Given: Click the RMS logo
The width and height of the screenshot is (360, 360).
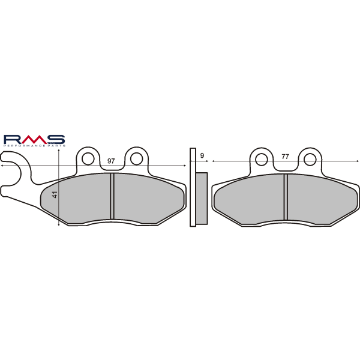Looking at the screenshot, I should pyautogui.click(x=34, y=139).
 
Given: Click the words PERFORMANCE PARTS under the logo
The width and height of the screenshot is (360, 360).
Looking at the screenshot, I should pyautogui.click(x=34, y=145).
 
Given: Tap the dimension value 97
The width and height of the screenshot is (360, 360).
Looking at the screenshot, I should pyautogui.click(x=111, y=161).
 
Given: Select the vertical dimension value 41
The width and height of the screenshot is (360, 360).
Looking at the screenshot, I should pyautogui.click(x=54, y=195).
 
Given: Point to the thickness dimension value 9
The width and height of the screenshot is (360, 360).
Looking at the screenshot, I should pyautogui.click(x=202, y=156).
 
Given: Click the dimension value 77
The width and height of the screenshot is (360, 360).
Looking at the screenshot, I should pyautogui.click(x=285, y=157).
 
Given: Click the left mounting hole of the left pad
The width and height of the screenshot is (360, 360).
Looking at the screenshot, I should pyautogui.click(x=88, y=158).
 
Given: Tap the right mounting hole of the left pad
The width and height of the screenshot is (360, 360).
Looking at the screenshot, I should pyautogui.click(x=137, y=158).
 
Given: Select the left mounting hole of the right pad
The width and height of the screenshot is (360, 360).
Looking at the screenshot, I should pyautogui.click(x=261, y=159).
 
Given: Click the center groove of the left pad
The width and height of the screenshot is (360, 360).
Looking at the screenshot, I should pyautogui.click(x=112, y=196).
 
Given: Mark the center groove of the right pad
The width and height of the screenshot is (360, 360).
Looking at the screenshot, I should pyautogui.click(x=286, y=197).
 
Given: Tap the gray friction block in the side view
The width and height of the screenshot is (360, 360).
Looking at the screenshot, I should pyautogui.click(x=202, y=199).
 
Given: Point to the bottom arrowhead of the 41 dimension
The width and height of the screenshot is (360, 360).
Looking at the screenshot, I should pyautogui.click(x=58, y=224).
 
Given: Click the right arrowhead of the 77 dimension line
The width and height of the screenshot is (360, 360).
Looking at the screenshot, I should pyautogui.click(x=357, y=161).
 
